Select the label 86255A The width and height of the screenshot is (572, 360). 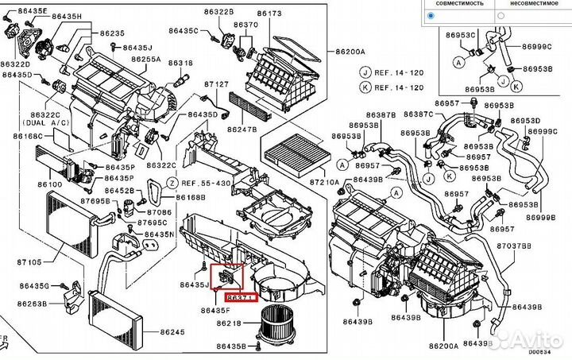coord(146,59)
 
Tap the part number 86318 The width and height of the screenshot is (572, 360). coord(181,62)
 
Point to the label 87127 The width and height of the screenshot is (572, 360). coord(216,83)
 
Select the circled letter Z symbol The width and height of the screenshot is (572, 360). coord(170,182)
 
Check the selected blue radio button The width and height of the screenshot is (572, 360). coord(431,15)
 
